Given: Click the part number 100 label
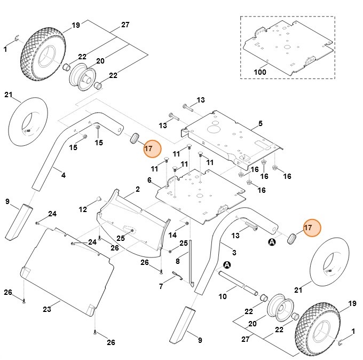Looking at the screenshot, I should [x=260, y=72].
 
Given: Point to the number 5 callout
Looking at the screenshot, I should [x=261, y=123].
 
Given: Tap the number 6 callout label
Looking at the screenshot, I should [x=149, y=180].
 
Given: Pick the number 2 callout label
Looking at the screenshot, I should [x=137, y=189].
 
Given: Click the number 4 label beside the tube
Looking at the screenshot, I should [x=64, y=175].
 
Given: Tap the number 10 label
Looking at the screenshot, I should [x=223, y=296].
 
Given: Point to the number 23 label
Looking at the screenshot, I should [x=47, y=309].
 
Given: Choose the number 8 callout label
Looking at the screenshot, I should [x=178, y=261].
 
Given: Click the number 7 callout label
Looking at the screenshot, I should [x=161, y=286].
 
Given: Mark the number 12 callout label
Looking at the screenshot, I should [x=83, y=209].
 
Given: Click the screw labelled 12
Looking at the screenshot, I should [x=99, y=200].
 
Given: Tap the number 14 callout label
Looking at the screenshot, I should [x=172, y=235].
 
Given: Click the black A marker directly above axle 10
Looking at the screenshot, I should [x=227, y=264].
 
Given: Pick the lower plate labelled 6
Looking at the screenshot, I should [x=198, y=195].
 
